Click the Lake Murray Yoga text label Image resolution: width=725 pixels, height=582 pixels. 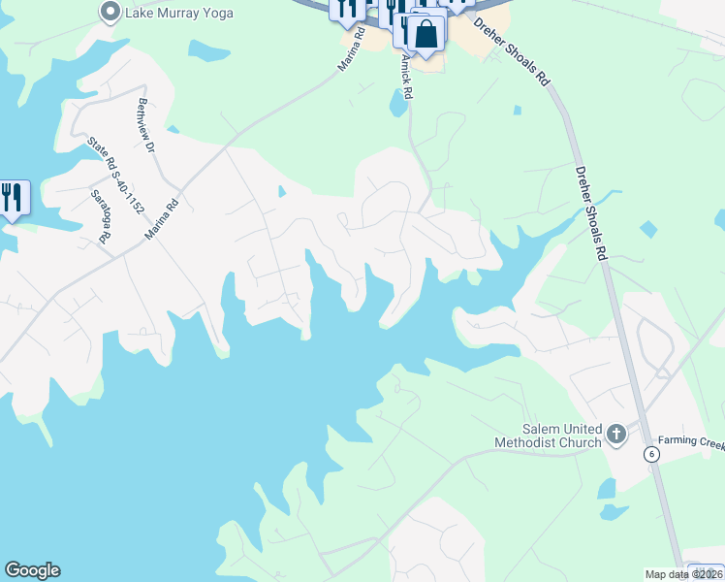pyautogui.click(x=178, y=13)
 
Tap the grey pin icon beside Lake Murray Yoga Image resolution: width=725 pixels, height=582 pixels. pyautogui.click(x=110, y=13)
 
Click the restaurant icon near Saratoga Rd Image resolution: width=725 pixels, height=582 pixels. pyautogui.click(x=13, y=198)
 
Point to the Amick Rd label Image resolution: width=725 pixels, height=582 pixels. pyautogui.click(x=407, y=78)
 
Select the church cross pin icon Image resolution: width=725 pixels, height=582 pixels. pyautogui.click(x=616, y=436)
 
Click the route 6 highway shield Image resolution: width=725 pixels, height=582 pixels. pyautogui.click(x=652, y=453)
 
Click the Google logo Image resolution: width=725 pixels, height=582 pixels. pyautogui.click(x=32, y=570)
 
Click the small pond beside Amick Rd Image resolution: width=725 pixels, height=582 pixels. pyautogui.click(x=398, y=101)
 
